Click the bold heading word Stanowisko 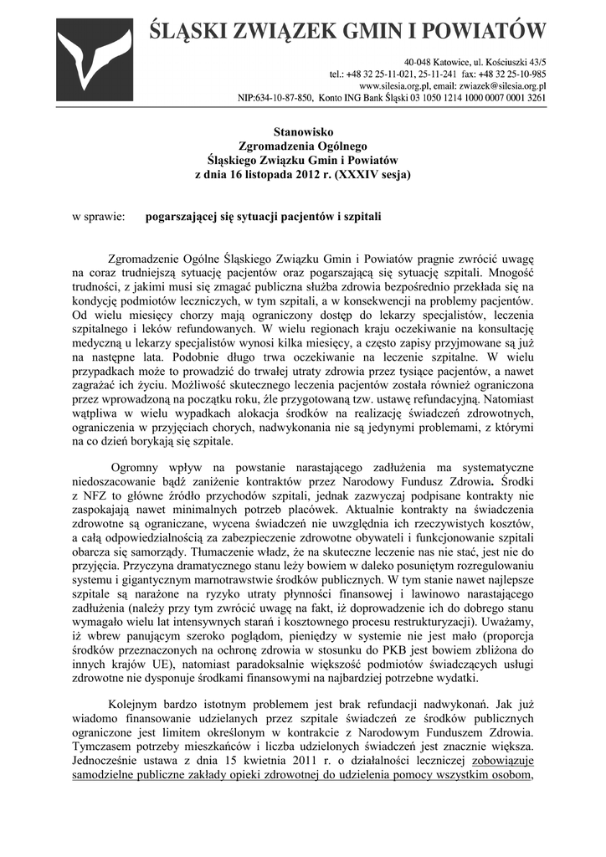pyautogui.click(x=303, y=131)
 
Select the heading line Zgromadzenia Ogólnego pyautogui.click(x=303, y=146)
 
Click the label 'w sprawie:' pyautogui.click(x=98, y=217)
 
